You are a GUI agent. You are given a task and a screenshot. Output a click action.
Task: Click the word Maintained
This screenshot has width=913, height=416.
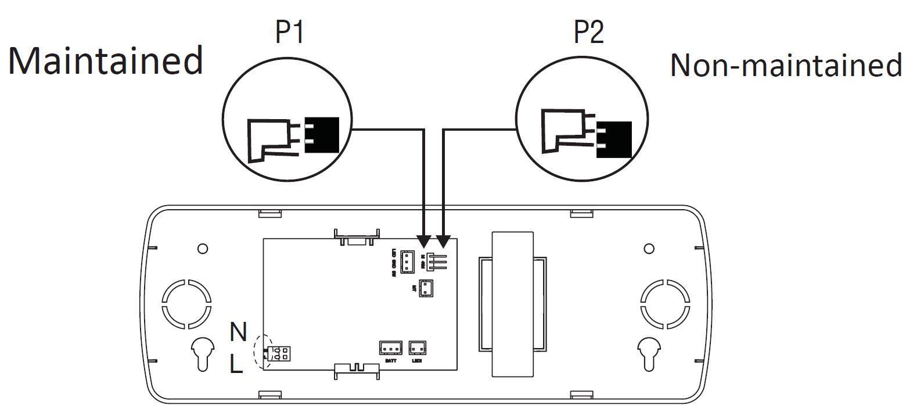tap(106, 60)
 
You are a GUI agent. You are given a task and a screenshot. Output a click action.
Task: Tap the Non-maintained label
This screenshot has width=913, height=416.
tap(786, 65)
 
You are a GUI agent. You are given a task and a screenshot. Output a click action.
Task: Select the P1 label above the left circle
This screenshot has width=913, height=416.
tap(289, 33)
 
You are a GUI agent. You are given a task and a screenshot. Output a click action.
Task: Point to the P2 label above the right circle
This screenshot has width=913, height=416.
tap(588, 33)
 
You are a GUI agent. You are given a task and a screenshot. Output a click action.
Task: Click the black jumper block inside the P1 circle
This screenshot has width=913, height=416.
tap(322, 135)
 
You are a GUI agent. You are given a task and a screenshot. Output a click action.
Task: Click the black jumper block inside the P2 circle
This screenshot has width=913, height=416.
tap(614, 139)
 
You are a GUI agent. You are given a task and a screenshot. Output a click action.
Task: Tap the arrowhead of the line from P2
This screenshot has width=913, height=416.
tap(444, 241)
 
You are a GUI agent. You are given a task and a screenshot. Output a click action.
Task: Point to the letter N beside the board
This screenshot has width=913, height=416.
tap(238, 332)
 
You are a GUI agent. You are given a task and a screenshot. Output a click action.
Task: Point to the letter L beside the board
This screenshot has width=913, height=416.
tap(236, 364)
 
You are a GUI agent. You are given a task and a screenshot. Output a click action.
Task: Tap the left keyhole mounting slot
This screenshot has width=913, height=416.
tap(201, 352)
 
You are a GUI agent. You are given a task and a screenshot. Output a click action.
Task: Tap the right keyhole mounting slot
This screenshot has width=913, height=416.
tap(649, 352)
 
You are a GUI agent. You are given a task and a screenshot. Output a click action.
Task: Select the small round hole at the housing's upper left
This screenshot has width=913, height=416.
tap(202, 249)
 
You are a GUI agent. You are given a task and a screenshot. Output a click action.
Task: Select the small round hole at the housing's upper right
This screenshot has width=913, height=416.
tap(649, 249)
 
